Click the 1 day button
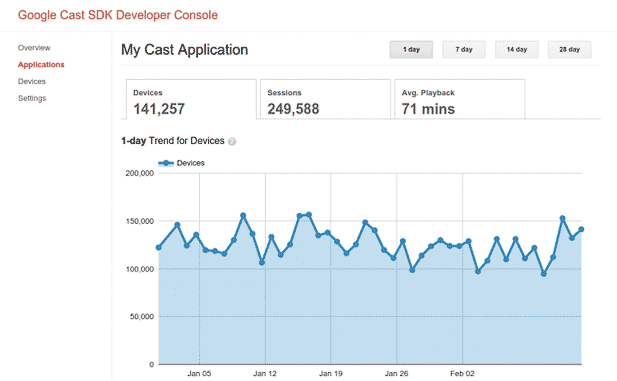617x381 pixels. (411, 50)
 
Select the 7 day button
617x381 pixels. (464, 50)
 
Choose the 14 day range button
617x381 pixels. (517, 50)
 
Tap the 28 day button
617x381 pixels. (569, 50)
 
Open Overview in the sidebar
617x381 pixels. (34, 48)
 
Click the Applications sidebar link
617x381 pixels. (41, 65)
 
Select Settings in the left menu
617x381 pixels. (32, 98)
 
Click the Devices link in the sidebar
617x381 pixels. (32, 81)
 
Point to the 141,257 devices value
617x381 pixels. (159, 109)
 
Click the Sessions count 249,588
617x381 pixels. (293, 109)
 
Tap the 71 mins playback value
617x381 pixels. (428, 109)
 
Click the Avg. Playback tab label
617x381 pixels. (428, 93)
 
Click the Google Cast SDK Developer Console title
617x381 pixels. (118, 15)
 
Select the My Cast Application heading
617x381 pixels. (185, 50)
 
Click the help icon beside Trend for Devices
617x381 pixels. (232, 141)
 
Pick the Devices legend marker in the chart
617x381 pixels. (166, 163)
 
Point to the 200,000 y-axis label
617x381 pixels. (140, 174)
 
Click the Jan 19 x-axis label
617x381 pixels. (331, 374)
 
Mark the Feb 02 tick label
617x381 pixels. (462, 374)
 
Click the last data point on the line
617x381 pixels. (581, 229)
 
